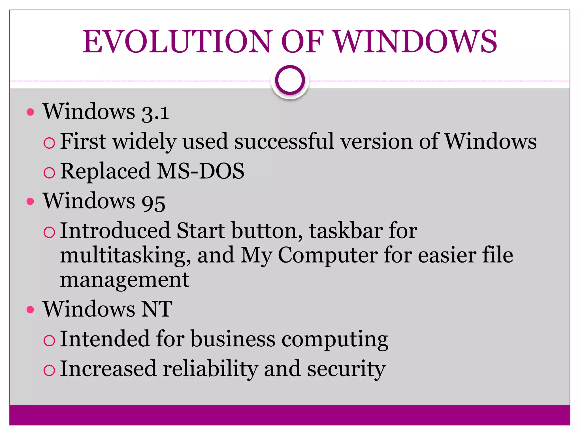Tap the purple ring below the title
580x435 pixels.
tap(290, 80)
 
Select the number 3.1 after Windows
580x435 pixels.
tap(155, 112)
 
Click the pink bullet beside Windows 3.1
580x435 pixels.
tap(30, 112)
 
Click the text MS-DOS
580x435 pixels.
tap(201, 171)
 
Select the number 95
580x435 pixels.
tap(153, 202)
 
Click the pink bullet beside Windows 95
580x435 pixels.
tap(30, 201)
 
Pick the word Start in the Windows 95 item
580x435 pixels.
tap(201, 231)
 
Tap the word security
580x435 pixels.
tap(346, 369)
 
